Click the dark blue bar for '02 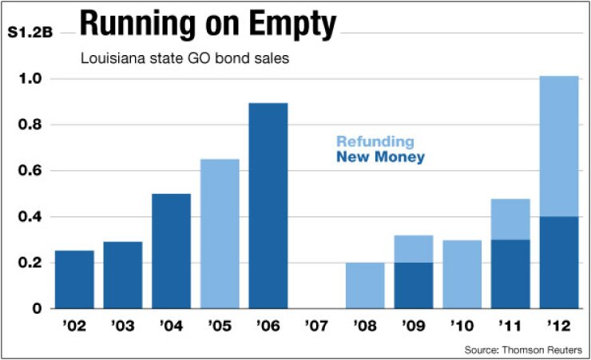coord(74,279)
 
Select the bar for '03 coord(123,275)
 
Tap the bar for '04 coord(171,251)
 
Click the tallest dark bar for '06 coord(268,205)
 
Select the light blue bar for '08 coord(365,285)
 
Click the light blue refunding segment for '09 coord(414,248)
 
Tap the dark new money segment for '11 coord(510,274)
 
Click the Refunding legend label coord(375,142)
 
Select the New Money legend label coord(380,157)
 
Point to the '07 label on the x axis coord(316,327)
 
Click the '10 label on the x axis coord(462,327)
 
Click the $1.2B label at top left coord(30,33)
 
